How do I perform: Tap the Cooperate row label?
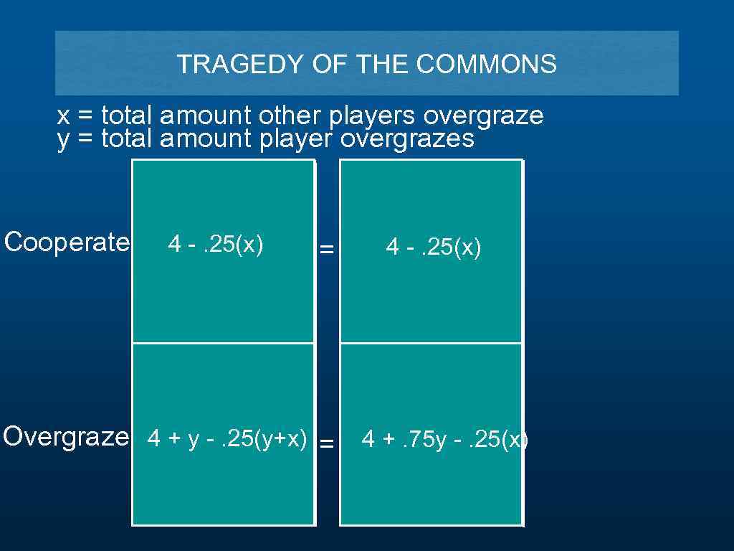67,242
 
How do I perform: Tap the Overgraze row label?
66,436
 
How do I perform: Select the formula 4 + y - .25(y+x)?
227,438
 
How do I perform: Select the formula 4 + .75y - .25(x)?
444,439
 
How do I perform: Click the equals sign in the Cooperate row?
326,250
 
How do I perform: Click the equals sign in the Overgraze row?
326,444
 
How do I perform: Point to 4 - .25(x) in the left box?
216,245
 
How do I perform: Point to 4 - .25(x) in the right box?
434,248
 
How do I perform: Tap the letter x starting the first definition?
63,116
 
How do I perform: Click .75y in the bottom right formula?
424,439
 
